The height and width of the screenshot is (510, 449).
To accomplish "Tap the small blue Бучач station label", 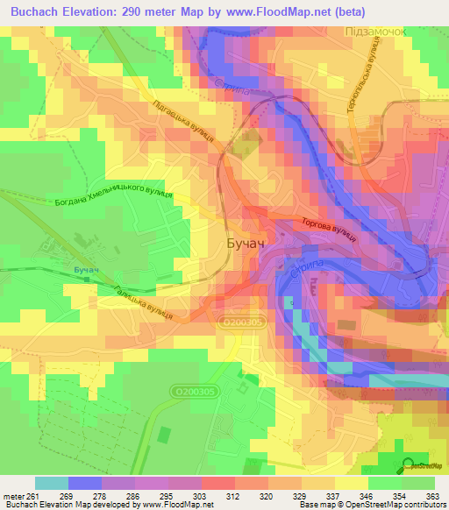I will pyautogui.click(x=85, y=269).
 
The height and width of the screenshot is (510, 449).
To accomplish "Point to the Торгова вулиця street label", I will pyautogui.click(x=328, y=230).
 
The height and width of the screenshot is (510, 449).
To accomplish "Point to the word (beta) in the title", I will pyautogui.click(x=346, y=13).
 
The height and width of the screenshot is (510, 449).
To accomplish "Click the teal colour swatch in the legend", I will pyautogui.click(x=52, y=483).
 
